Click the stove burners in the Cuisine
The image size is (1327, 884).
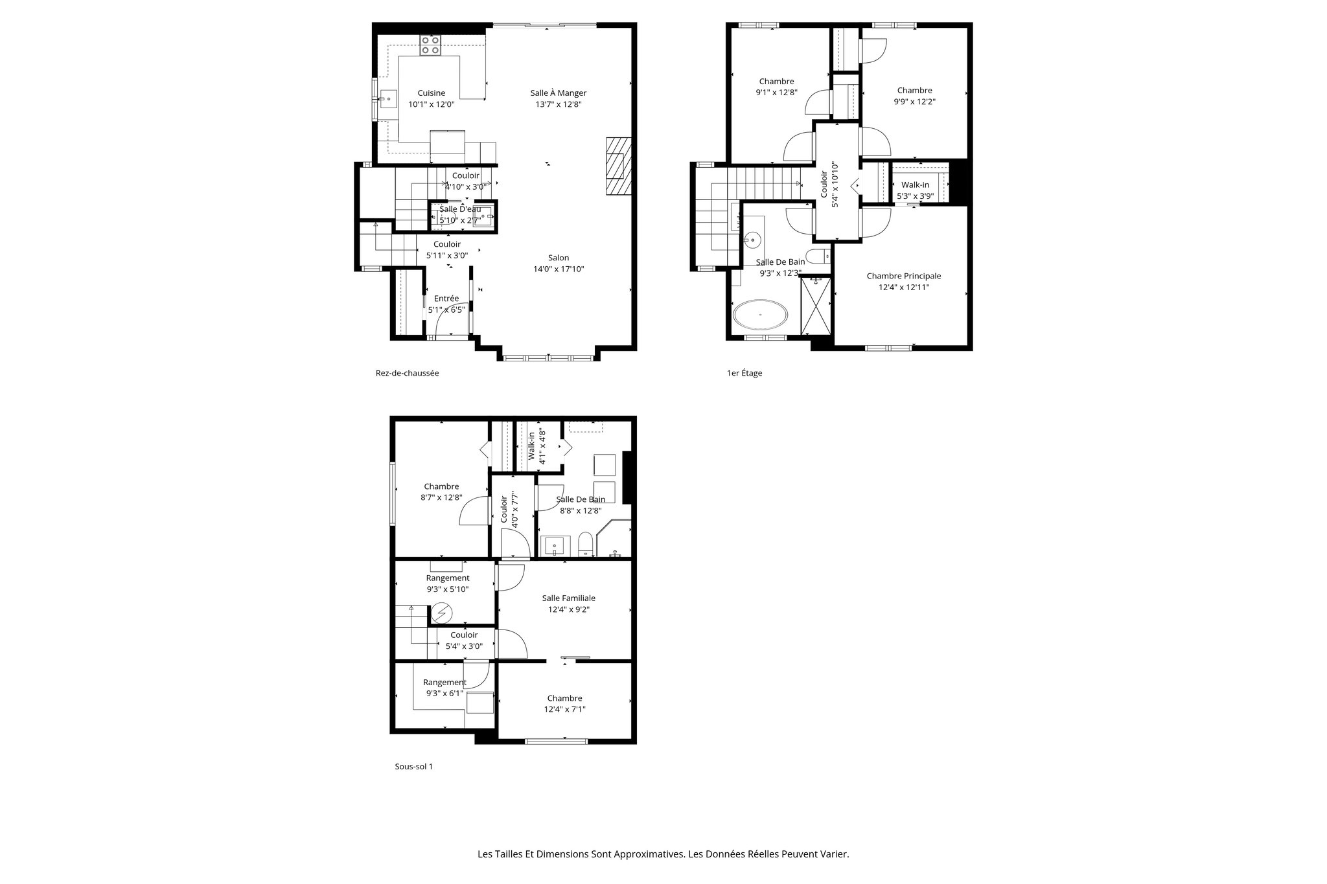tap(430, 45)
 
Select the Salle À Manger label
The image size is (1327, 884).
tap(558, 93)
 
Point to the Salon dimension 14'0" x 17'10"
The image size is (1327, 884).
tap(558, 269)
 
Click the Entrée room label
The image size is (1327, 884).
tap(446, 299)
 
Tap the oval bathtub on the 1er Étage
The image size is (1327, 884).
tap(761, 315)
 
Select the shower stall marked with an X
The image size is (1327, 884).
tap(816, 304)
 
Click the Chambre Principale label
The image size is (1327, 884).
tap(903, 276)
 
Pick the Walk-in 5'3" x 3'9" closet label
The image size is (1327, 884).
tap(915, 190)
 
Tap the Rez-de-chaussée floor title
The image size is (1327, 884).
tap(407, 373)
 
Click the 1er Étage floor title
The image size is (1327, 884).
tap(744, 373)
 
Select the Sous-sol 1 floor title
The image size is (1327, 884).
tap(413, 766)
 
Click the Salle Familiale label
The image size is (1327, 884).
tap(568, 598)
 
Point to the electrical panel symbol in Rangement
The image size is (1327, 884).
tap(443, 611)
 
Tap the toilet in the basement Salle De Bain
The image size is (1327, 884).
tap(585, 544)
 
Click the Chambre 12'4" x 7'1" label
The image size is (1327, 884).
tap(564, 703)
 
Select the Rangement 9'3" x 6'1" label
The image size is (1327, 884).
tap(444, 688)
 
